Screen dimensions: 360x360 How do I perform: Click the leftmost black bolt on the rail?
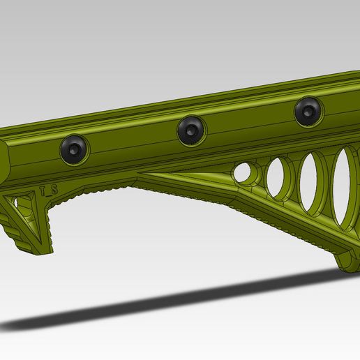[75, 149]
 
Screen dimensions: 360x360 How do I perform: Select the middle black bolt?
[191, 130]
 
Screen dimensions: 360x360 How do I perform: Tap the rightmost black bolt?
[308, 111]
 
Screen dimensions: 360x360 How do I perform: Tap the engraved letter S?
[53, 189]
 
